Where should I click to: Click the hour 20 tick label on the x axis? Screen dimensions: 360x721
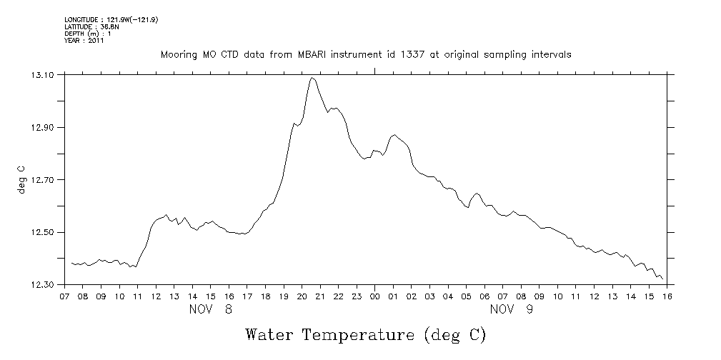(x=302, y=296)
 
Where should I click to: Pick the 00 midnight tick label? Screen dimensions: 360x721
(x=375, y=296)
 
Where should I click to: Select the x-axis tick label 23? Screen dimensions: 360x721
(x=357, y=296)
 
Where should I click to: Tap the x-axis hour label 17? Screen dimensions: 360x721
(x=247, y=296)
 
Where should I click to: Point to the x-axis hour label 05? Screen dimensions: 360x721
(x=466, y=296)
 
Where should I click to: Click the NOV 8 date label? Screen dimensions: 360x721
(x=211, y=309)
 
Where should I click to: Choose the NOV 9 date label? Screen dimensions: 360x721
(x=512, y=309)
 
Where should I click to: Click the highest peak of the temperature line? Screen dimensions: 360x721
(x=312, y=78)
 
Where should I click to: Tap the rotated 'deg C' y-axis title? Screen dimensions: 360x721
(x=22, y=179)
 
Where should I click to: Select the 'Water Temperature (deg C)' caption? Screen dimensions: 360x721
(x=365, y=334)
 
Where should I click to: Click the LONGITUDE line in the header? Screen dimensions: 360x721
(x=111, y=20)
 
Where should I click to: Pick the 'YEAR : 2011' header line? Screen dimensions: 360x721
(x=84, y=41)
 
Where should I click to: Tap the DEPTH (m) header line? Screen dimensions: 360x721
(x=88, y=34)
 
